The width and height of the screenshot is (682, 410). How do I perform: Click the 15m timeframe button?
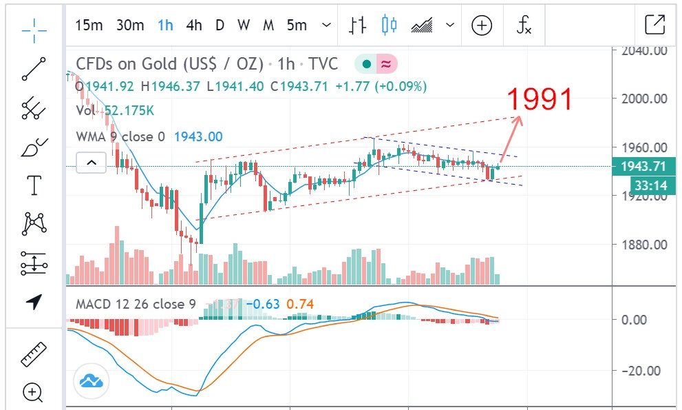89,26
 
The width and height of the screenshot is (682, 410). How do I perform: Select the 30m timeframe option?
129,26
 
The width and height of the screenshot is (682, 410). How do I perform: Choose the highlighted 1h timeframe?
165,26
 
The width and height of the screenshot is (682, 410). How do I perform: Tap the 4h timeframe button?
194,26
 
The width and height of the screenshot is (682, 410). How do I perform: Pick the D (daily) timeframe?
220,26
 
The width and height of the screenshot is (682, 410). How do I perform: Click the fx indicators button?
524,26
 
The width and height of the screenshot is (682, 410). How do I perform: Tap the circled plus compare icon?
482,26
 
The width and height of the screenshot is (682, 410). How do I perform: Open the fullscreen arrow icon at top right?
654,25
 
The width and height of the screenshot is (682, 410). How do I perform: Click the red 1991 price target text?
540,100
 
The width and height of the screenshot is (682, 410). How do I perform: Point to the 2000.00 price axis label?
644,99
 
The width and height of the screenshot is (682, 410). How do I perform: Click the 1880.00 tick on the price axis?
644,245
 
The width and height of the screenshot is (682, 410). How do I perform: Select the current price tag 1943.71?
644,167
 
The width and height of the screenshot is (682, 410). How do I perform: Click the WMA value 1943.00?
198,137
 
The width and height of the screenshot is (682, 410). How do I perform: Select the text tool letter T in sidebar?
32,185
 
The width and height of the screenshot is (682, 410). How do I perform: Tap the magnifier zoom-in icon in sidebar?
32,393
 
